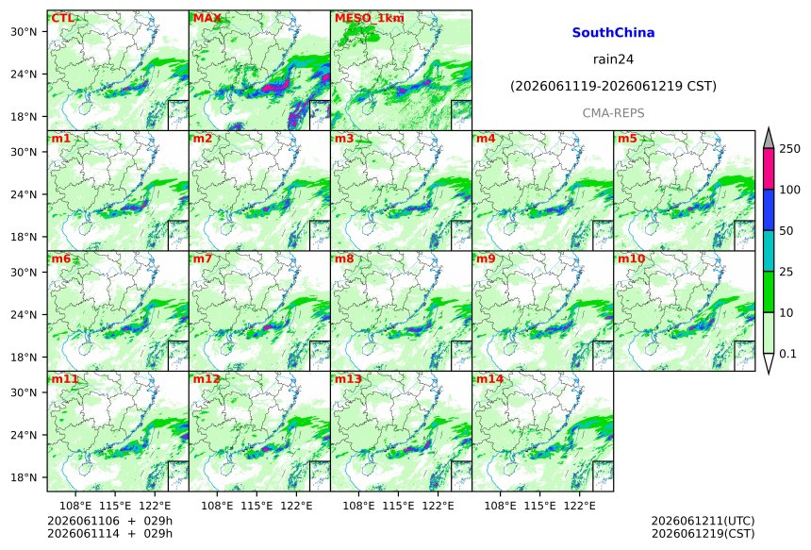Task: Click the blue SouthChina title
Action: point(613,33)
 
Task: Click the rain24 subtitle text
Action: point(613,59)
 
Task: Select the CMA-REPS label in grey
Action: point(613,113)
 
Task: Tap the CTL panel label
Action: point(62,18)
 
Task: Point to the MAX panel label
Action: point(207,18)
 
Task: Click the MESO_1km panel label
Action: point(370,18)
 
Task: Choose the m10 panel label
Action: point(631,258)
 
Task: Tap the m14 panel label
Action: point(489,379)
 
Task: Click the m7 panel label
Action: point(203,258)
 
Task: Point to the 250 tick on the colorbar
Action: point(789,149)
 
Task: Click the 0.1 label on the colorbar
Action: point(787,354)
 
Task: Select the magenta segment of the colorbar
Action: point(769,169)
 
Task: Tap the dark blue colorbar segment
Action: point(769,209)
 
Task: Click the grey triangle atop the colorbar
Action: point(769,138)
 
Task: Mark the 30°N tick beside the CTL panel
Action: point(24,31)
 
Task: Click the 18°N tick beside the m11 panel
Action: point(24,477)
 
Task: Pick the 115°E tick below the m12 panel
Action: point(257,505)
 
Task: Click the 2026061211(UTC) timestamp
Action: point(703,521)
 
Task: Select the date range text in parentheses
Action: point(613,86)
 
